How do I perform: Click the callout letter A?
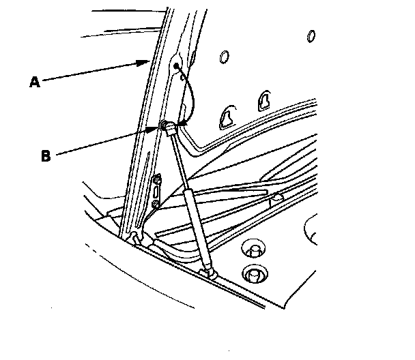point(34,82)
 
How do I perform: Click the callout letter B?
point(46,155)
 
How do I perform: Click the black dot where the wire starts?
point(177,66)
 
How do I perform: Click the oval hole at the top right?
point(312,35)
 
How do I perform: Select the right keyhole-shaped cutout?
point(263,100)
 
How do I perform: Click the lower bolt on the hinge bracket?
point(156,204)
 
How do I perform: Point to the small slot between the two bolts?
point(156,192)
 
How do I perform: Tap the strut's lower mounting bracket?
point(208,274)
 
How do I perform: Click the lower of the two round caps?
point(255,273)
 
